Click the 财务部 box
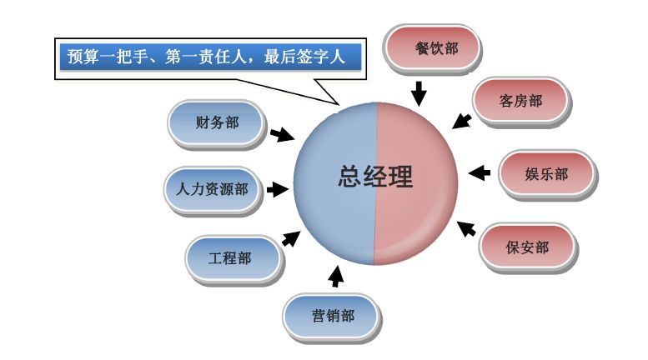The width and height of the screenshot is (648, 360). click(x=217, y=124)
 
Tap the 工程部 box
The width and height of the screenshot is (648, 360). click(x=230, y=258)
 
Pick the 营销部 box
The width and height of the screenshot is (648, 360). click(x=333, y=317)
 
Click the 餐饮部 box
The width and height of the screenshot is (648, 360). click(x=436, y=48)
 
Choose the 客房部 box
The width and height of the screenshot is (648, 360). click(x=521, y=101)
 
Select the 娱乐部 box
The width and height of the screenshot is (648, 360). click(x=547, y=174)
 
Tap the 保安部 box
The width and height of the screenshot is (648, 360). click(x=527, y=247)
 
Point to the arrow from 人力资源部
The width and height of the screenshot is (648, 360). click(x=276, y=189)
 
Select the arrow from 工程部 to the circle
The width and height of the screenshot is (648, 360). click(x=290, y=239)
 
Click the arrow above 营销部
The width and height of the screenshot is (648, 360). click(x=336, y=274)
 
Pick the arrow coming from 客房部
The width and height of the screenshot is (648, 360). click(x=461, y=121)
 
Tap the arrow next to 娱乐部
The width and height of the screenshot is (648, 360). click(x=479, y=173)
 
